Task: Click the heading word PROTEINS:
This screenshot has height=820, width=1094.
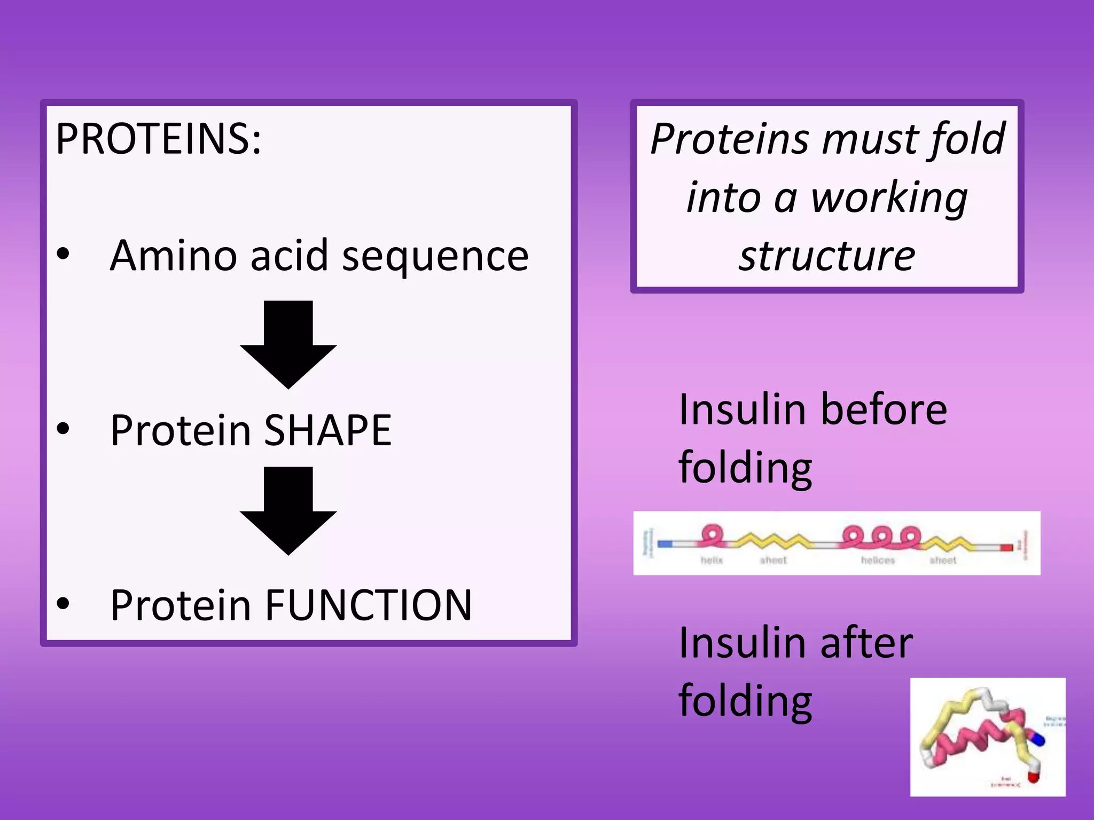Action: (x=158, y=139)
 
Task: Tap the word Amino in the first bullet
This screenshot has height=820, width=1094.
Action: (x=173, y=255)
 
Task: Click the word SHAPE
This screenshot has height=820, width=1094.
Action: (x=327, y=430)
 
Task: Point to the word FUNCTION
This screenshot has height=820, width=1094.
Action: (x=369, y=605)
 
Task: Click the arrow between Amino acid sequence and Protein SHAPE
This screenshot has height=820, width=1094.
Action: (x=288, y=344)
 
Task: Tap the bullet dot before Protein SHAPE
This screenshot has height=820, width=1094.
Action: (x=63, y=429)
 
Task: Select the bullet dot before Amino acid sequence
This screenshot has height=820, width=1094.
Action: (x=63, y=254)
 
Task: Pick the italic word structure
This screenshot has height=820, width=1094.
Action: (x=827, y=256)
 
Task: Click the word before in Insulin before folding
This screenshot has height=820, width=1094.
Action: (x=884, y=409)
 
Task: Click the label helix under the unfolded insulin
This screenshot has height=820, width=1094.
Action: (x=712, y=560)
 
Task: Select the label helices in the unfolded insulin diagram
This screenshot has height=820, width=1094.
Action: (x=878, y=560)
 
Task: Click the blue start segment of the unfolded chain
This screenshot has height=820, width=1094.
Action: (x=665, y=544)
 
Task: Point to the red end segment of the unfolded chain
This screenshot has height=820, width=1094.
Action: (x=1006, y=548)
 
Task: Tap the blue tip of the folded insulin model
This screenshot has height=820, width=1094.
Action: (x=1038, y=740)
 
